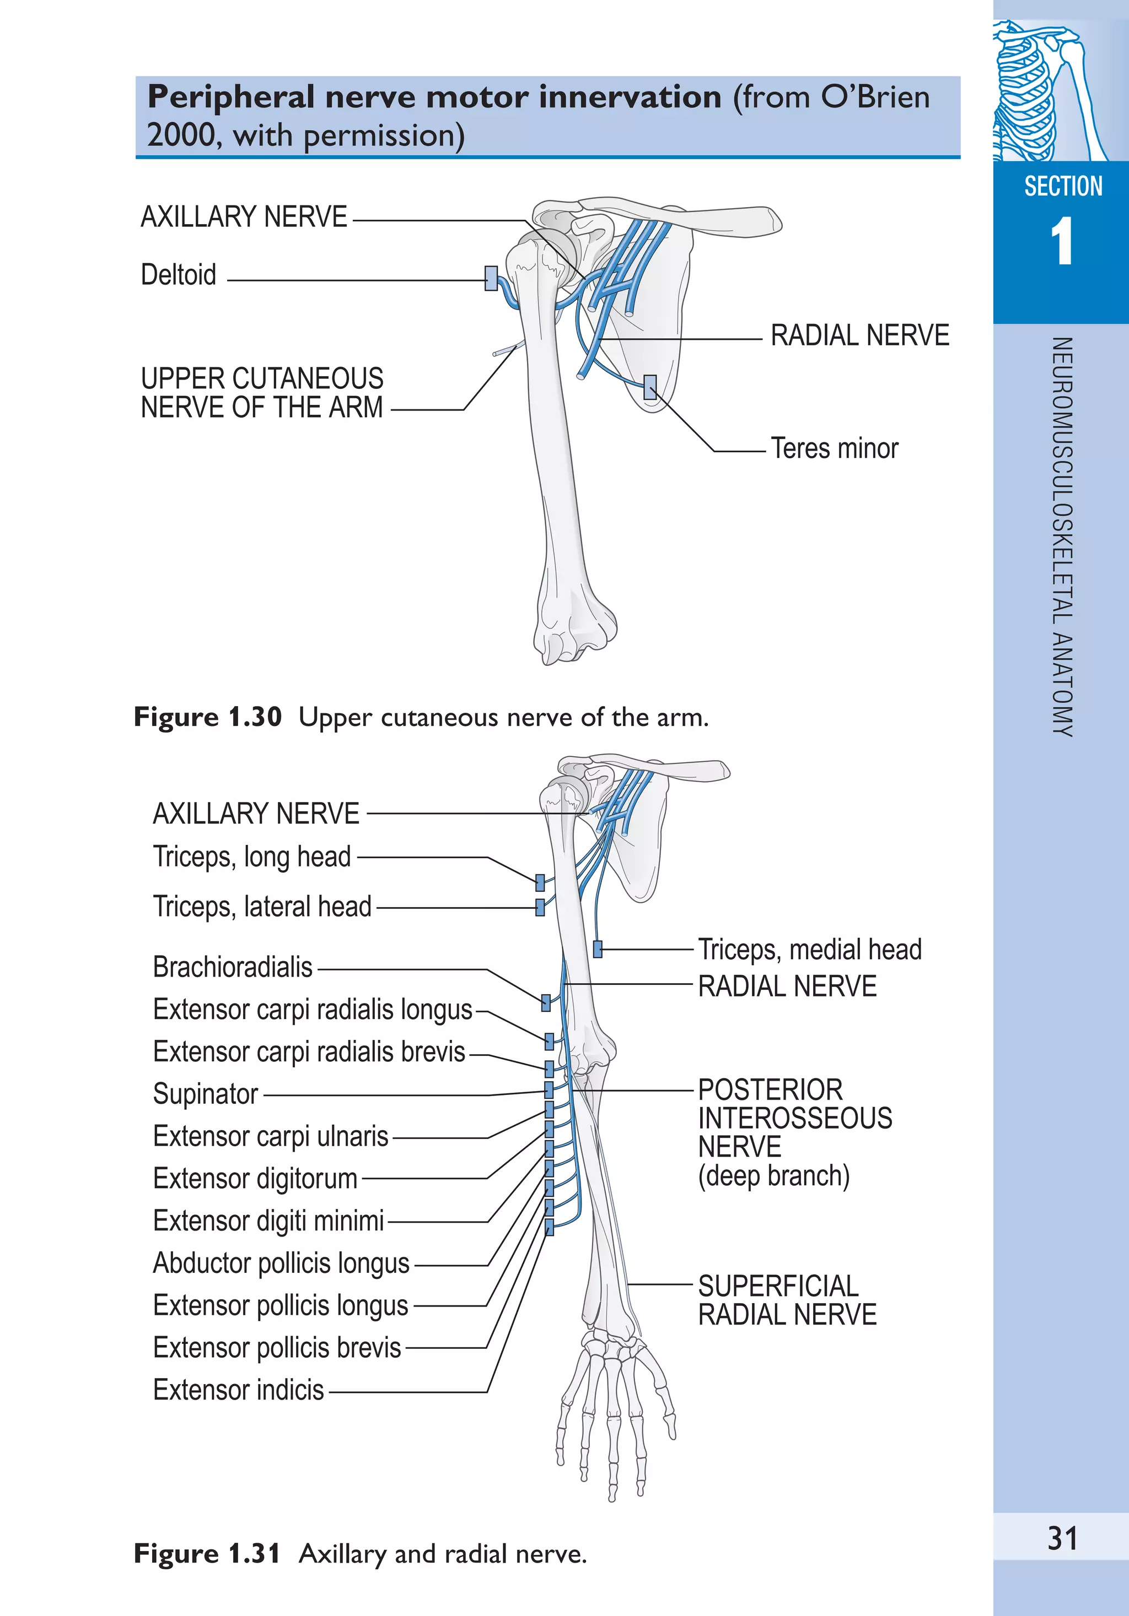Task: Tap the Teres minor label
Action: pos(834,448)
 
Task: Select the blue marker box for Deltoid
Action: pos(491,278)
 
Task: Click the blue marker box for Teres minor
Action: pos(650,387)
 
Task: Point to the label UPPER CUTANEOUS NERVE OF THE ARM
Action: pos(261,393)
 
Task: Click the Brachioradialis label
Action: pos(233,968)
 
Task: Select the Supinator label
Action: pos(206,1094)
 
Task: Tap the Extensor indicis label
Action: pos(238,1391)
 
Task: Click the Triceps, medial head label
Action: pos(809,950)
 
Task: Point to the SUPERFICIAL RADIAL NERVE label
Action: pos(787,1300)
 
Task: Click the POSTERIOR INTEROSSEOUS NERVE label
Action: pos(794,1119)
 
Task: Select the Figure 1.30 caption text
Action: pos(421,717)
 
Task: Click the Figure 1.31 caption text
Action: pos(360,1553)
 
